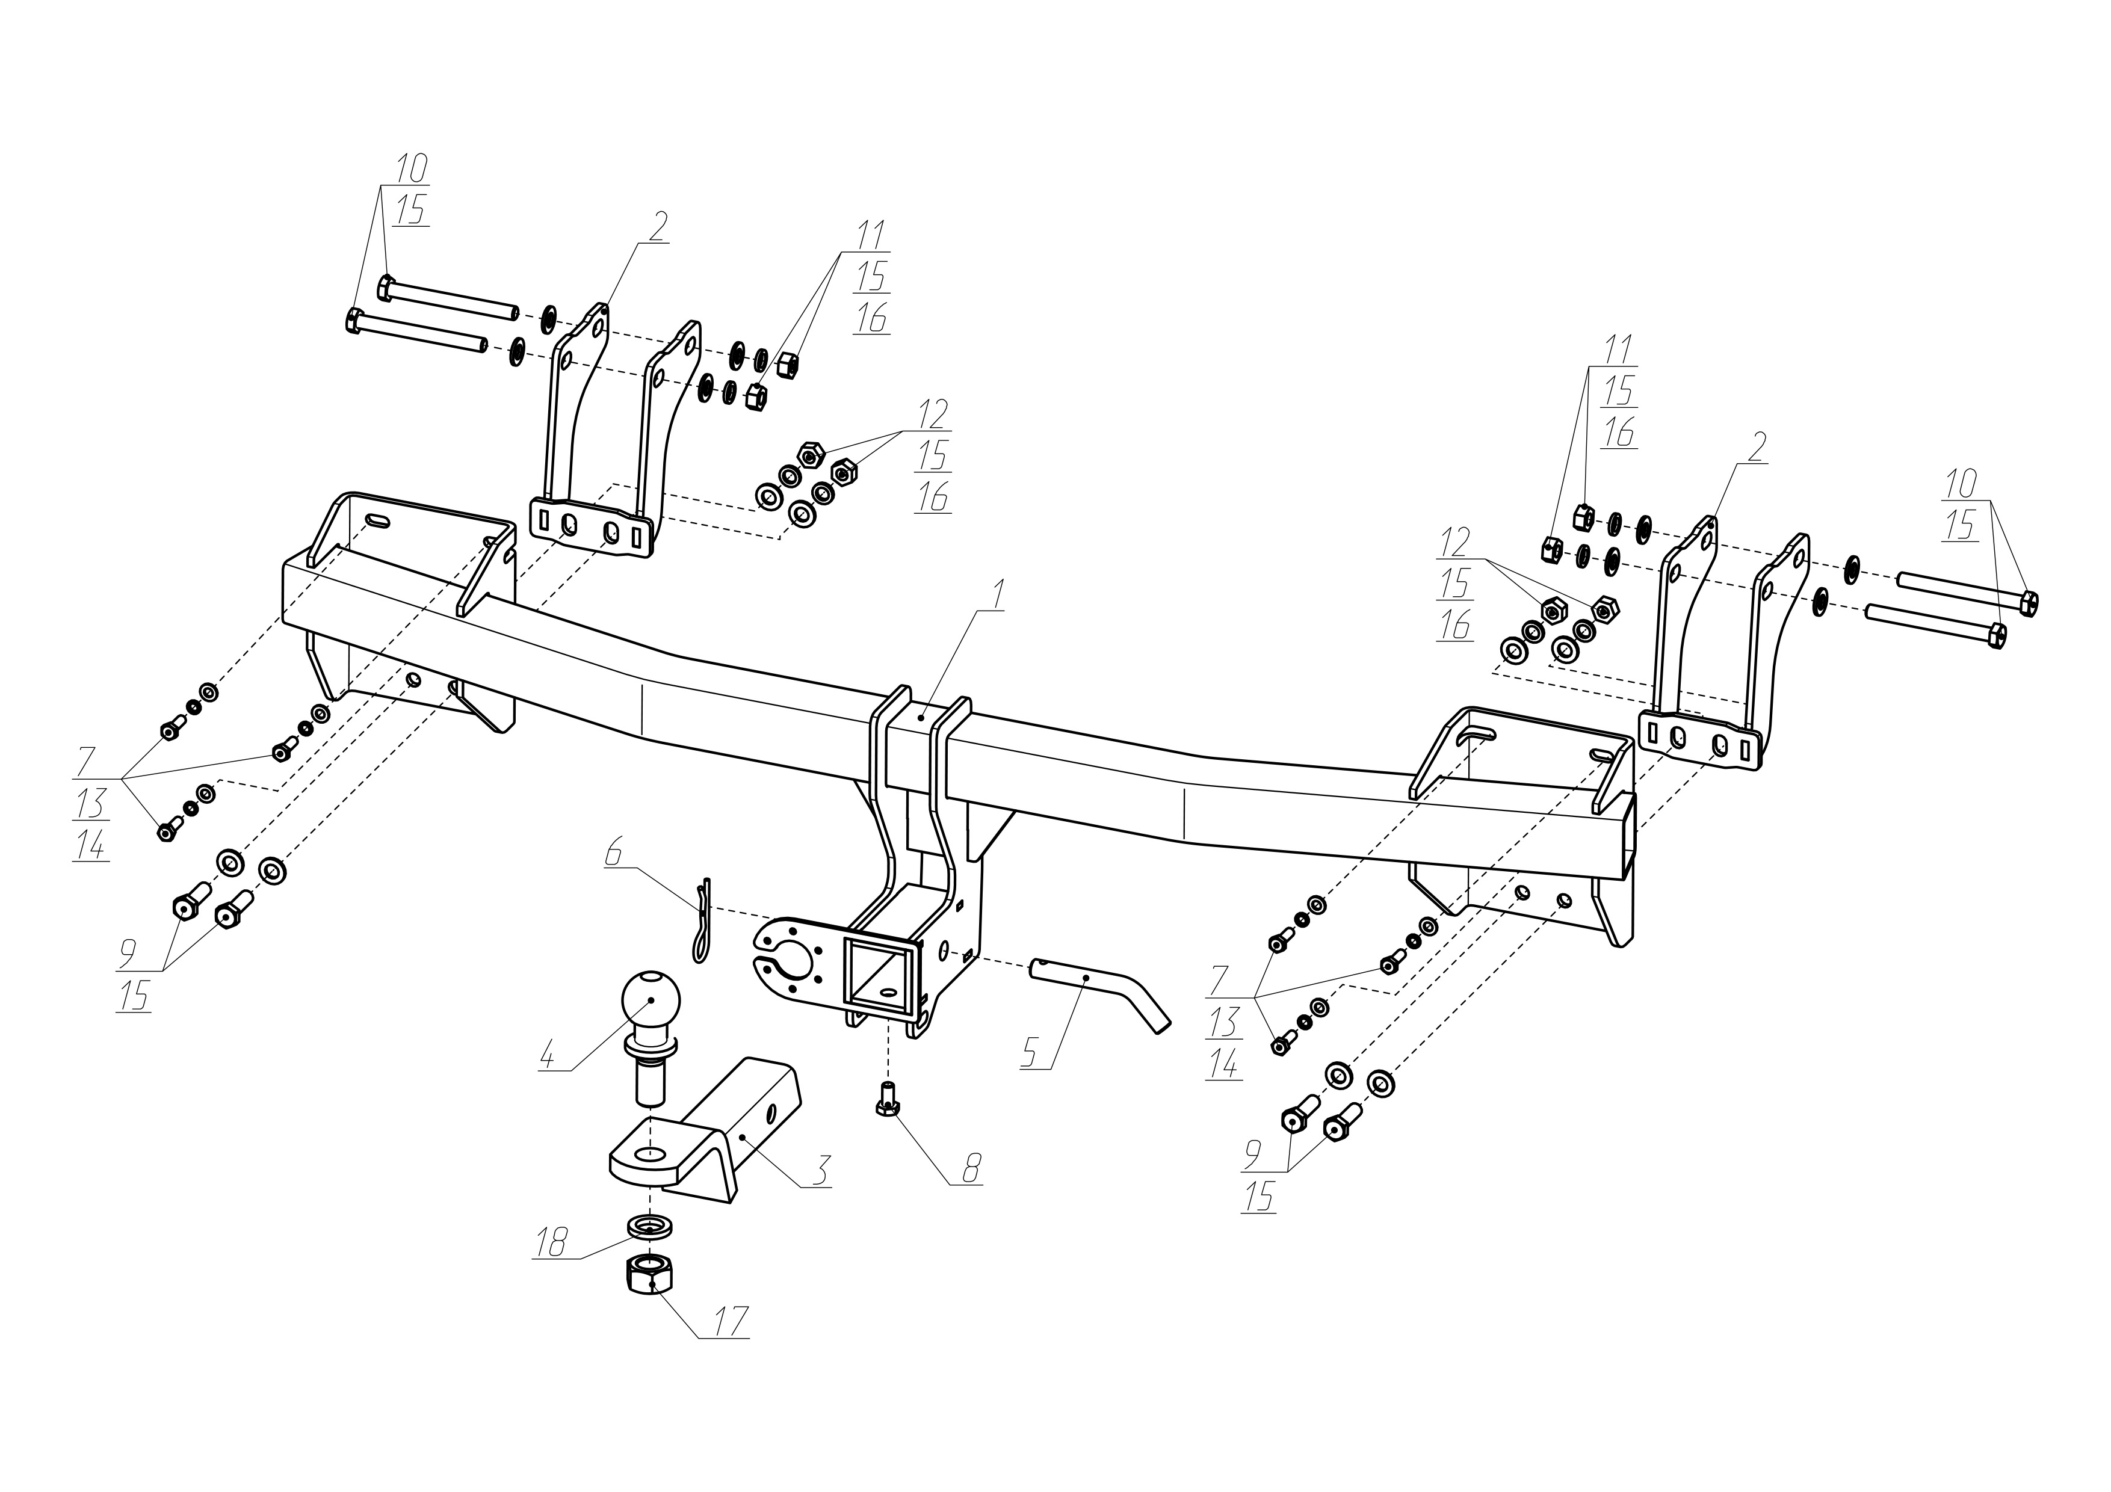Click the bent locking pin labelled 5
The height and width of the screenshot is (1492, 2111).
(1099, 990)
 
